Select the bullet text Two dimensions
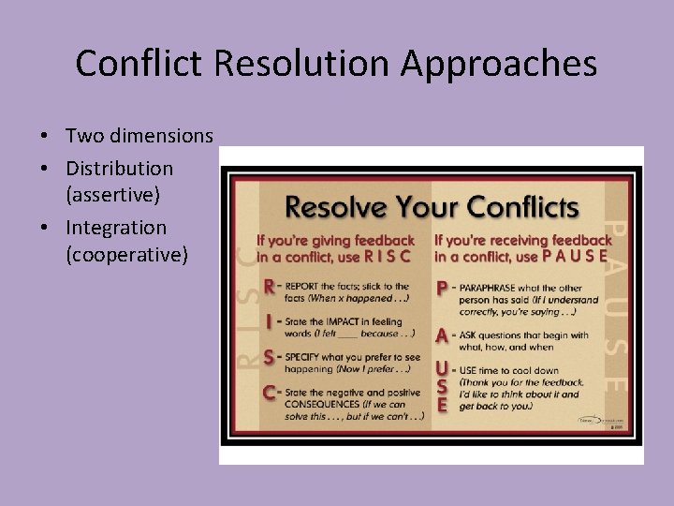(x=139, y=136)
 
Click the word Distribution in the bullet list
(x=119, y=169)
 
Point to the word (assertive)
(x=113, y=194)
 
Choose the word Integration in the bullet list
(x=116, y=228)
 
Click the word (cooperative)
(x=126, y=254)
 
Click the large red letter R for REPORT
(x=271, y=286)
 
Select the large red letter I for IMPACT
(x=270, y=321)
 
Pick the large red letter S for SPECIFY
(x=270, y=357)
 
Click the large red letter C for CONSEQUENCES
(x=270, y=393)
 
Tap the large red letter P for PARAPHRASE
(x=443, y=288)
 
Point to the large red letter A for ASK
(x=443, y=334)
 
